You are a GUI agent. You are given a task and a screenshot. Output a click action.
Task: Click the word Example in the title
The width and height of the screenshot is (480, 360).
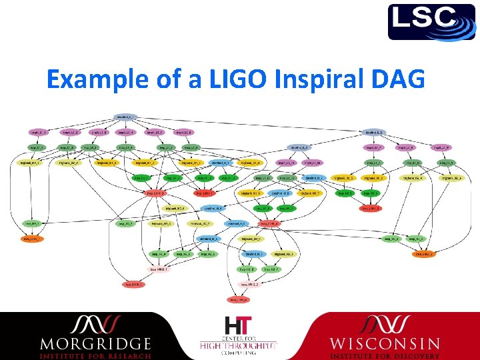[x=90, y=79]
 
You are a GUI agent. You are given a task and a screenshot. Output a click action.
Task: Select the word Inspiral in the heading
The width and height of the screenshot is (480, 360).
[x=304, y=79]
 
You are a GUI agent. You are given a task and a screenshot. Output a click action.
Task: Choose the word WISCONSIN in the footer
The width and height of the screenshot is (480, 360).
[x=385, y=344]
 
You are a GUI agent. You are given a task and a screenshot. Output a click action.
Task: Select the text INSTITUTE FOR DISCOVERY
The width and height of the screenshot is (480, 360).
[x=385, y=355]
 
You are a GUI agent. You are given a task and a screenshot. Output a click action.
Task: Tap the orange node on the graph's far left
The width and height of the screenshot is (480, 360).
[x=31, y=238]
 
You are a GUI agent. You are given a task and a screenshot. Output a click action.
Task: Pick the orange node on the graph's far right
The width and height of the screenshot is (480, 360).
[x=423, y=253]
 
